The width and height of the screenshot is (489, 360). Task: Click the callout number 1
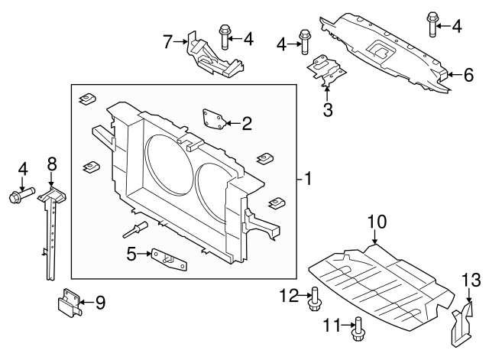point(307,181)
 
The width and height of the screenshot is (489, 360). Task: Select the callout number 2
point(246,122)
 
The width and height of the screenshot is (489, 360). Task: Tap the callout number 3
point(327,110)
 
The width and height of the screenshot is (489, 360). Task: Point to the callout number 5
point(132,254)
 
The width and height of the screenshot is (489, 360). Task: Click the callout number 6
point(468,74)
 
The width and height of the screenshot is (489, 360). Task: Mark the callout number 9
point(100,303)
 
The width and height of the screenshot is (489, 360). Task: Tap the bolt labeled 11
point(357,329)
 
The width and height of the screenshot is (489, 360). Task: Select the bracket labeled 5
point(169,258)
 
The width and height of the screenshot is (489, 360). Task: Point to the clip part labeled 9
point(70,303)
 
